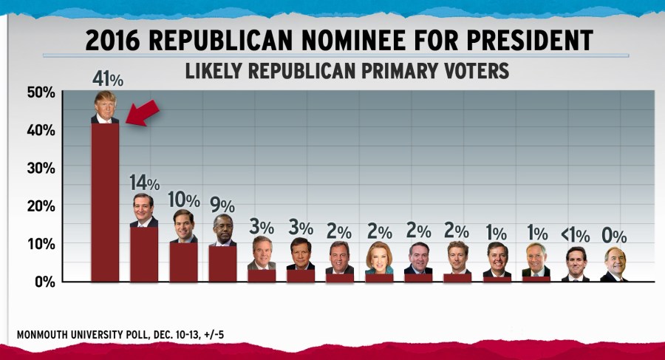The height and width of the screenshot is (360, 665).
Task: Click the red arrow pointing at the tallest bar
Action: click(x=143, y=113)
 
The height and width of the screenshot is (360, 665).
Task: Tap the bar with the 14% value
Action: click(x=144, y=254)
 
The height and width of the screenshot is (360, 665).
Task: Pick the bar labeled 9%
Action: click(x=222, y=263)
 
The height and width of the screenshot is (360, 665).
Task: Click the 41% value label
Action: click(x=108, y=78)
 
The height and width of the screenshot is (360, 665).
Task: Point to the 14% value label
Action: click(x=145, y=182)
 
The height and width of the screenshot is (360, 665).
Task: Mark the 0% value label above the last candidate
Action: click(x=614, y=237)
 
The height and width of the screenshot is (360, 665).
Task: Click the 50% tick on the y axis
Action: click(x=41, y=92)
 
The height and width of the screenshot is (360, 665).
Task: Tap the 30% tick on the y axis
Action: click(x=41, y=168)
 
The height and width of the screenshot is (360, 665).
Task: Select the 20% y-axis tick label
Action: click(x=41, y=206)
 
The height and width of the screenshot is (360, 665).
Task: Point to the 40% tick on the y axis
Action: click(x=41, y=129)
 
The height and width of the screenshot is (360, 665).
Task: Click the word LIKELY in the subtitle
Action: click(x=214, y=72)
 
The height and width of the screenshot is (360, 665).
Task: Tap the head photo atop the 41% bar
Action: click(x=105, y=108)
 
